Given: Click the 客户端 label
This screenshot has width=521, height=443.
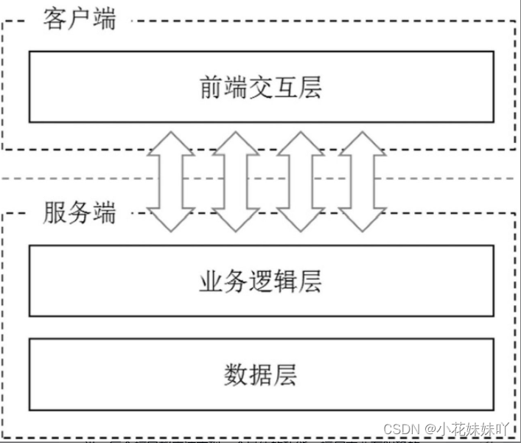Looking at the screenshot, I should [x=80, y=18].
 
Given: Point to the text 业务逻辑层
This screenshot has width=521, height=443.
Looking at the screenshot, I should [x=261, y=282].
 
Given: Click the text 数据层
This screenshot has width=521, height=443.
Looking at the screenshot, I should [x=261, y=374].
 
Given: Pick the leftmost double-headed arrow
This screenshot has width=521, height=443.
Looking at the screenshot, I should [x=171, y=180].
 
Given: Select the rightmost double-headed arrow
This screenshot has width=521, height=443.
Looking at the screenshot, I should [x=362, y=180].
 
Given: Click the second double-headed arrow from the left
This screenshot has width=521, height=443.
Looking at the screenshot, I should [x=235, y=180].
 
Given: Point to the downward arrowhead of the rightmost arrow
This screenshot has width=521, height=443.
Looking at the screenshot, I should [x=362, y=218].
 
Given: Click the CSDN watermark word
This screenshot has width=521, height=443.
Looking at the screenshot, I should [x=401, y=428].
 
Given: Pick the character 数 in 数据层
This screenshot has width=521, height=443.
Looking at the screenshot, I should [x=236, y=374].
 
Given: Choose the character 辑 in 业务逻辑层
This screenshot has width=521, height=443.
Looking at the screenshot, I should [x=286, y=282].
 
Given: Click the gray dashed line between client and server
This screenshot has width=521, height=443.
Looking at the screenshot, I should [x=74, y=179].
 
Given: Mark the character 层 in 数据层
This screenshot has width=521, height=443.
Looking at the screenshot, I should [x=286, y=374].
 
